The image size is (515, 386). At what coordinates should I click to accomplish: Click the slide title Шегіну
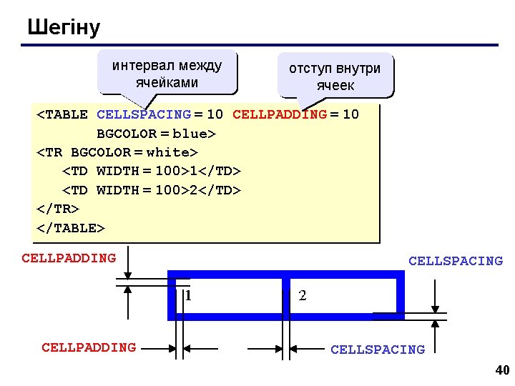click(64, 28)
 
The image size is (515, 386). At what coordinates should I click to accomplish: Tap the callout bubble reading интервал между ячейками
click(167, 74)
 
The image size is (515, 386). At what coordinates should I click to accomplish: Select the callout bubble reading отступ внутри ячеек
click(335, 76)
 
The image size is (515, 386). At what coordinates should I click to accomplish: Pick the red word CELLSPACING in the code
click(143, 114)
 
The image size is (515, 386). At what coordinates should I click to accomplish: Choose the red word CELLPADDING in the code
click(280, 114)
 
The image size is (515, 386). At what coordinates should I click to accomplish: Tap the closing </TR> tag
click(57, 209)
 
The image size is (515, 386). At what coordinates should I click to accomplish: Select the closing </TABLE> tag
click(70, 228)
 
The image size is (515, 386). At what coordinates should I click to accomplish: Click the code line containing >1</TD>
click(152, 172)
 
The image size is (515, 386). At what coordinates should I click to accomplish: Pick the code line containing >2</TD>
click(152, 190)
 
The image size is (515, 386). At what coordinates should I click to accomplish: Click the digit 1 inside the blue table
click(187, 295)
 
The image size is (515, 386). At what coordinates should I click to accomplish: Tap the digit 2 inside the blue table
click(303, 295)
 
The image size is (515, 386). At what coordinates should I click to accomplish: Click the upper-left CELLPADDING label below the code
click(69, 258)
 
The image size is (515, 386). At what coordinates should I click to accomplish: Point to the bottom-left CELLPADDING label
click(89, 348)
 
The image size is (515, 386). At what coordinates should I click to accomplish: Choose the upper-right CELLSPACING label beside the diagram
click(456, 262)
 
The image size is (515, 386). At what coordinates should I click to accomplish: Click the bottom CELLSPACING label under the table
click(377, 350)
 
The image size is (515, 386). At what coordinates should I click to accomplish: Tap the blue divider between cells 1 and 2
click(285, 295)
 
